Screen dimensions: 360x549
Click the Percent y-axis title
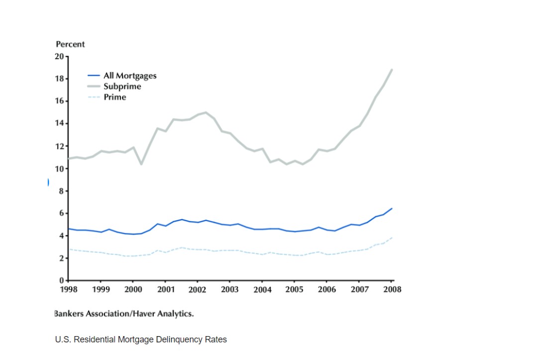(x=70, y=44)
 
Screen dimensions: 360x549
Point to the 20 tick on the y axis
(x=60, y=56)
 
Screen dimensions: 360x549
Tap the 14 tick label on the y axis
(x=60, y=123)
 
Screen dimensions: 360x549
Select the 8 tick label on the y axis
(x=62, y=191)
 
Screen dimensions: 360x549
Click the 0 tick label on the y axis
(x=62, y=281)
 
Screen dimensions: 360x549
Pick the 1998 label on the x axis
(x=68, y=289)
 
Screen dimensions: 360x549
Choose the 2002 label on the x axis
(x=197, y=289)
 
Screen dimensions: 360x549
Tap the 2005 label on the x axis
(x=294, y=289)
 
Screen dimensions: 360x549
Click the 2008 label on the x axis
(x=392, y=289)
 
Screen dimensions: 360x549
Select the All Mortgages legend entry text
(x=130, y=76)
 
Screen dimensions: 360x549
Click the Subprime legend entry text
(x=122, y=87)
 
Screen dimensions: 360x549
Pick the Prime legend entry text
(x=114, y=97)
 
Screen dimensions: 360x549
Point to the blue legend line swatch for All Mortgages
(x=94, y=76)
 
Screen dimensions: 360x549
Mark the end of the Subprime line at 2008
(x=392, y=70)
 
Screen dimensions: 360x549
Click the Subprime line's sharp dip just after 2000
(x=141, y=164)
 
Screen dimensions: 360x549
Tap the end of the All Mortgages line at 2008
(x=392, y=209)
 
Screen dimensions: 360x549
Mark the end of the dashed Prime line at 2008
(x=392, y=238)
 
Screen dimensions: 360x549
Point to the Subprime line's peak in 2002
(x=206, y=113)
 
